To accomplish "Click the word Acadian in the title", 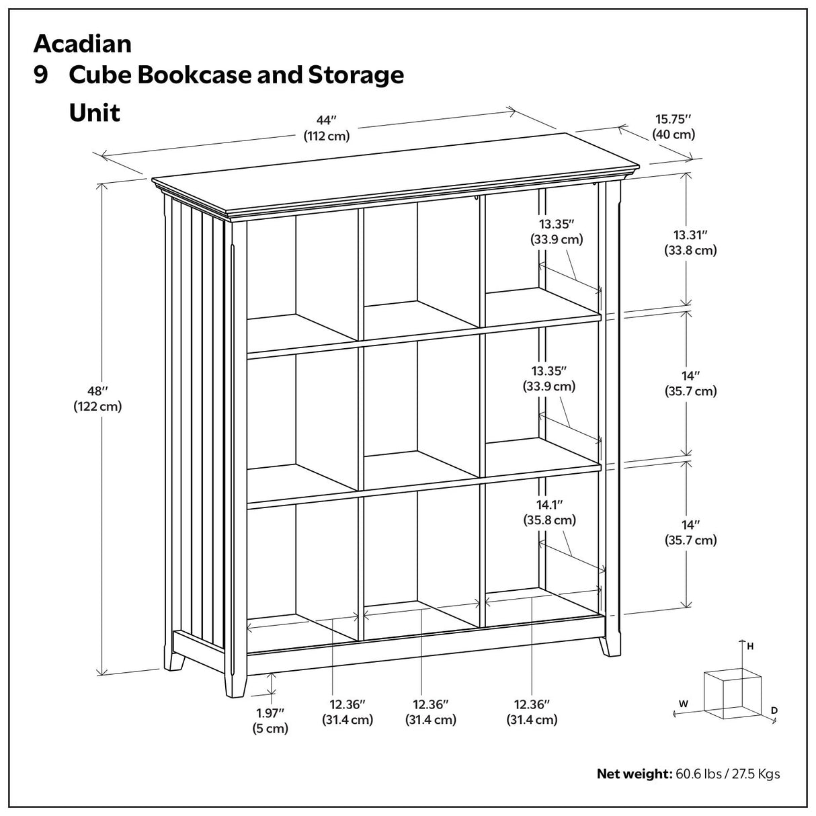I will (83, 44).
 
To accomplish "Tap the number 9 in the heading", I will (41, 75).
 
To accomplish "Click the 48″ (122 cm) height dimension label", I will (97, 398).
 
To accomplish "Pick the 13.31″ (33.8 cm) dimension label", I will (695, 243).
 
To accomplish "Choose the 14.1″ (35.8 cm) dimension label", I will (549, 512).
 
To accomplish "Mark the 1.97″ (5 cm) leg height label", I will (271, 720).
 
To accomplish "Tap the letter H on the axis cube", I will (750, 647).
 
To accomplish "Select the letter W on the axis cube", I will (683, 704).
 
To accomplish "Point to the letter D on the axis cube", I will (774, 710).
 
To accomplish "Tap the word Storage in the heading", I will (355, 75).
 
